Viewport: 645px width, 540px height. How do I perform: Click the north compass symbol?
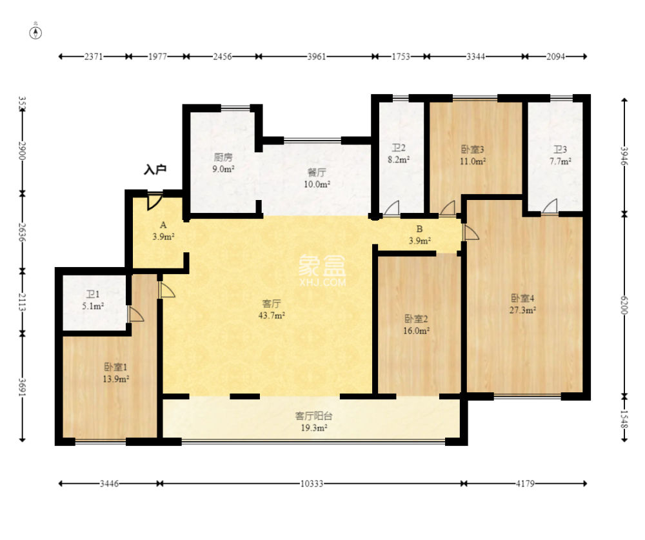[35, 32]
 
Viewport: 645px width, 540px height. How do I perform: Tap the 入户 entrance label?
[155, 169]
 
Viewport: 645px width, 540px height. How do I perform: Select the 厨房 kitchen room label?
[223, 157]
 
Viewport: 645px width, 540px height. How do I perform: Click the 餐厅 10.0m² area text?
[317, 178]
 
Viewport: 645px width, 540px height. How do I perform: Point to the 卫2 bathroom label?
[398, 148]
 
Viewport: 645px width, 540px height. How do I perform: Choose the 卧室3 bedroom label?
[472, 149]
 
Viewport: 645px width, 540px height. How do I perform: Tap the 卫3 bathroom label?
[560, 150]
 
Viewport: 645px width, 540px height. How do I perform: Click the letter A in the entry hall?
[163, 225]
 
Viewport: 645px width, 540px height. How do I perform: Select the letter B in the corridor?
[420, 229]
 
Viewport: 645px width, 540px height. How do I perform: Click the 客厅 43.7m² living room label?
[272, 310]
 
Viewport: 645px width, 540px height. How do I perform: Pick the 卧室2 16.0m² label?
[416, 325]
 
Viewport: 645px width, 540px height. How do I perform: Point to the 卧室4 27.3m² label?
[522, 304]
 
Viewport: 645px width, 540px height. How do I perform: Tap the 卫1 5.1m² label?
[93, 300]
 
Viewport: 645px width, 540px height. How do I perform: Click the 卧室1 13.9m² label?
[115, 373]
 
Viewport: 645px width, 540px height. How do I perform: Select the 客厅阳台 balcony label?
[313, 416]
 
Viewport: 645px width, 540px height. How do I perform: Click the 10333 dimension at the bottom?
[312, 484]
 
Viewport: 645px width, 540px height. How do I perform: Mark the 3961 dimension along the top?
[316, 56]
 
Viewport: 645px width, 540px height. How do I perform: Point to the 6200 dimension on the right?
[624, 305]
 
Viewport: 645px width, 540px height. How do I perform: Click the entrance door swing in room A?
[154, 202]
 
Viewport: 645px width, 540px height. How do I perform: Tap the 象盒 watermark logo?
[322, 265]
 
